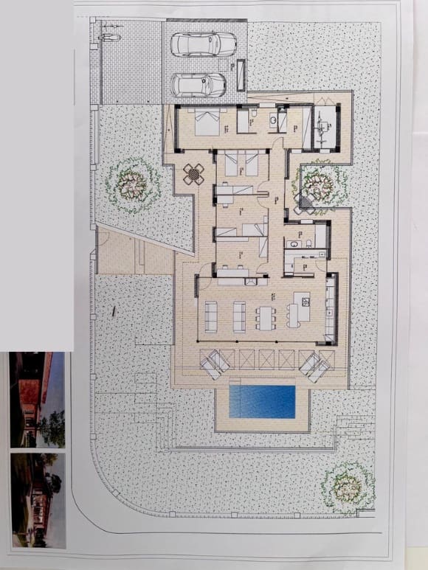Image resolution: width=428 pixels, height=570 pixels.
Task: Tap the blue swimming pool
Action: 262,401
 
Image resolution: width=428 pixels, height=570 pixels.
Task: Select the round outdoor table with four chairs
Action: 195,174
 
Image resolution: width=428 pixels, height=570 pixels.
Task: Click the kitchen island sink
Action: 300,299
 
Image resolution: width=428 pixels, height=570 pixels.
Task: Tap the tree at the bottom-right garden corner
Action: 347,487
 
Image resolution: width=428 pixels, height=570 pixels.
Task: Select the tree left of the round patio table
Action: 133,181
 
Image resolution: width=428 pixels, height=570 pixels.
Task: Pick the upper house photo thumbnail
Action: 36,400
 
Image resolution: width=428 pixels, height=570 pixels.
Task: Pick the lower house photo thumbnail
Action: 38,500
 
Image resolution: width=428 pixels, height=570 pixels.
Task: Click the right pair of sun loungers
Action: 314,364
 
